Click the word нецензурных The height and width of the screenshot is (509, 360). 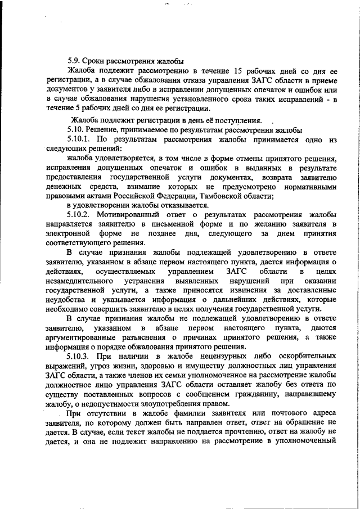[x=210, y=357]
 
